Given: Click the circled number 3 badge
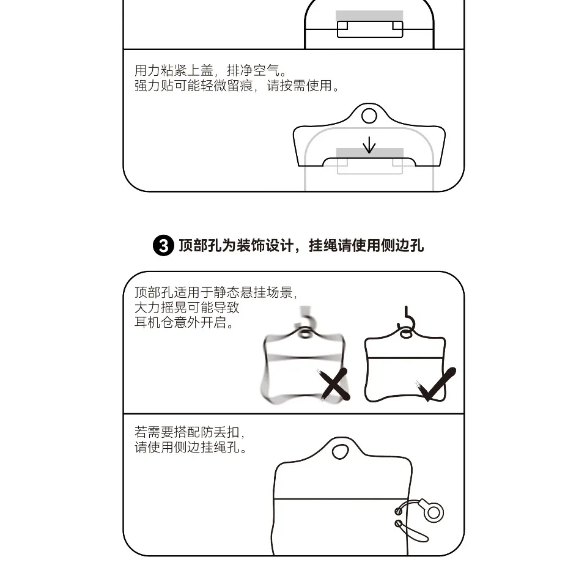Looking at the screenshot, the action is pos(163,246).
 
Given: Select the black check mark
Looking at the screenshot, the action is pos(435,384).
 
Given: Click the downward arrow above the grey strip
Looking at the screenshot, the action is pos(369,145).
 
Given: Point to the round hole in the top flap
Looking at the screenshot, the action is pos(369,116).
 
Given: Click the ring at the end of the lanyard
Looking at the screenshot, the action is pos(434,512).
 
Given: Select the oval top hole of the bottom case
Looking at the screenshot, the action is pos(340,451).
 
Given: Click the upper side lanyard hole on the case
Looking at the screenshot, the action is pos(398,511).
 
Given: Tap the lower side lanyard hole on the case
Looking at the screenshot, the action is pos(398,523).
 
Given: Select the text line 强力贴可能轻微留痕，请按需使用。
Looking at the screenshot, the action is pos(237,86).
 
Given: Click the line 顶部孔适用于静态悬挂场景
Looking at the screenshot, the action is pos(216,292).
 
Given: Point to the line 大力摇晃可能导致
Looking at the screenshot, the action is pos(187,308).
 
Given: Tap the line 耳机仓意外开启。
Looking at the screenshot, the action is pos(184,322).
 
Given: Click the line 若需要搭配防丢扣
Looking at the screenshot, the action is pos(190,432).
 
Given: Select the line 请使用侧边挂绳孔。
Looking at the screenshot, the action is pos(191,447).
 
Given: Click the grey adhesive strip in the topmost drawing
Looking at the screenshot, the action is pos(369,16).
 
